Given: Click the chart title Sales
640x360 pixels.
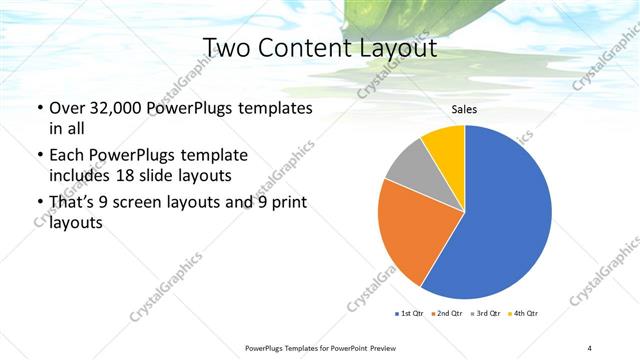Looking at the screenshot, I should click(x=464, y=109).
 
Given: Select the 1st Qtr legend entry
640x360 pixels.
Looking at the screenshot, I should click(x=409, y=314).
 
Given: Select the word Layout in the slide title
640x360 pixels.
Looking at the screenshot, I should click(x=394, y=48).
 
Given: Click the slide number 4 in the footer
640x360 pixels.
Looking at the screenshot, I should click(x=590, y=347).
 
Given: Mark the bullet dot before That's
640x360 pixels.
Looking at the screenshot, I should click(x=39, y=203).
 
